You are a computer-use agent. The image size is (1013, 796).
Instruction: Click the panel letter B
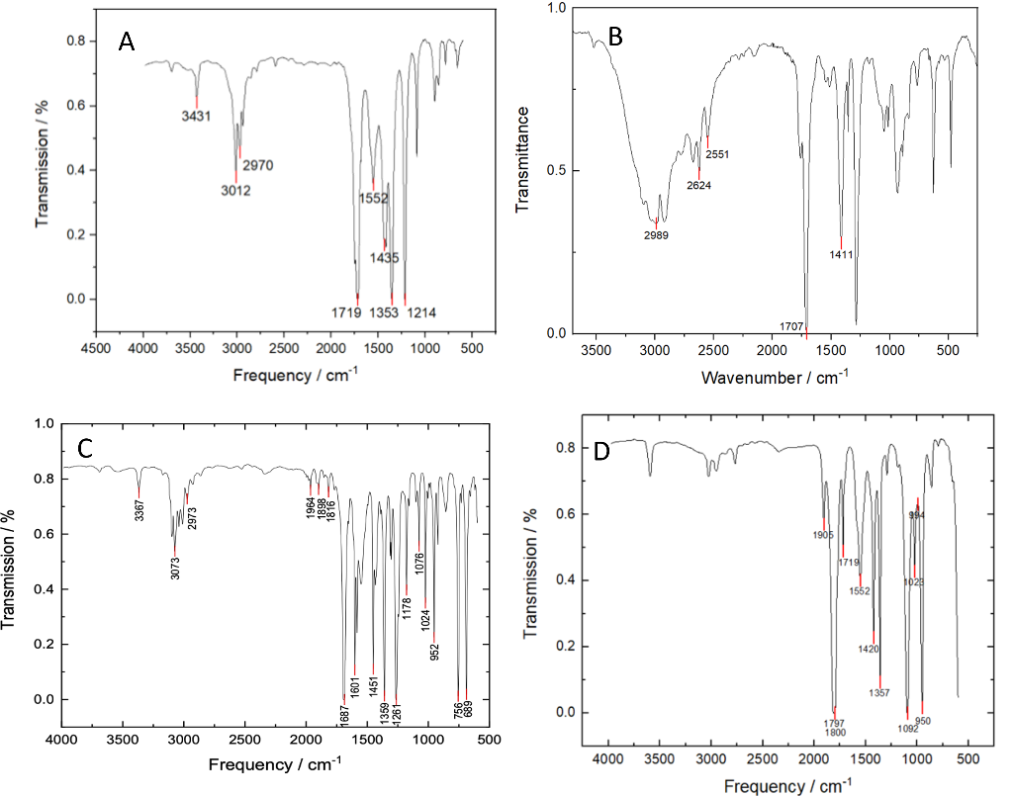coord(615,38)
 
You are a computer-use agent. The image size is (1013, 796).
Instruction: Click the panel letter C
coord(86,447)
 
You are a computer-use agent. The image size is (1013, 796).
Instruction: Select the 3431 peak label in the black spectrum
coord(196,117)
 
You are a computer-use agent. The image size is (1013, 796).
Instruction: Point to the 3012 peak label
coord(236,191)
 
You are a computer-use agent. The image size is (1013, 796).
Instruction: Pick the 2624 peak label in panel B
coord(699,185)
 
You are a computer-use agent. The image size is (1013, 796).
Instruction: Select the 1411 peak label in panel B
coord(842,254)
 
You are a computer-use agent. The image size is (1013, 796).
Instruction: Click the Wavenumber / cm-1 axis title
coord(763,377)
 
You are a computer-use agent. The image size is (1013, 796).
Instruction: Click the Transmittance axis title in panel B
coord(525,171)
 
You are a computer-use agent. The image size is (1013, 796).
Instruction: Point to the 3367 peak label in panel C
coord(139,511)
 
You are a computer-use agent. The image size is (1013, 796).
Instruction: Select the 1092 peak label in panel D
coord(902,730)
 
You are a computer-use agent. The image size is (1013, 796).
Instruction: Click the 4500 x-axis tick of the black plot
coord(96,349)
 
